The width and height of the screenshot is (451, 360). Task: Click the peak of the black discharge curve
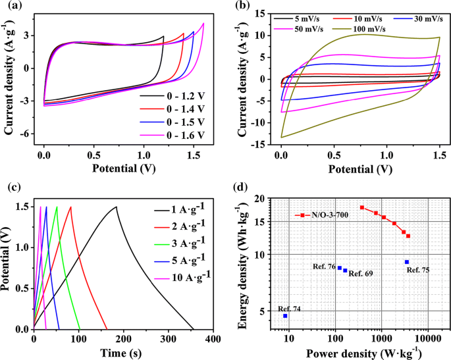click(117, 207)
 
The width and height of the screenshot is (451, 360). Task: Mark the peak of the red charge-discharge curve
click(71, 207)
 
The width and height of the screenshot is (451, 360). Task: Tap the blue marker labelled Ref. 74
click(285, 316)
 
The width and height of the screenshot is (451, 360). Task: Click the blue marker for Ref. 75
click(407, 262)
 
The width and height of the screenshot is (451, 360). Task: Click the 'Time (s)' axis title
click(119, 353)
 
